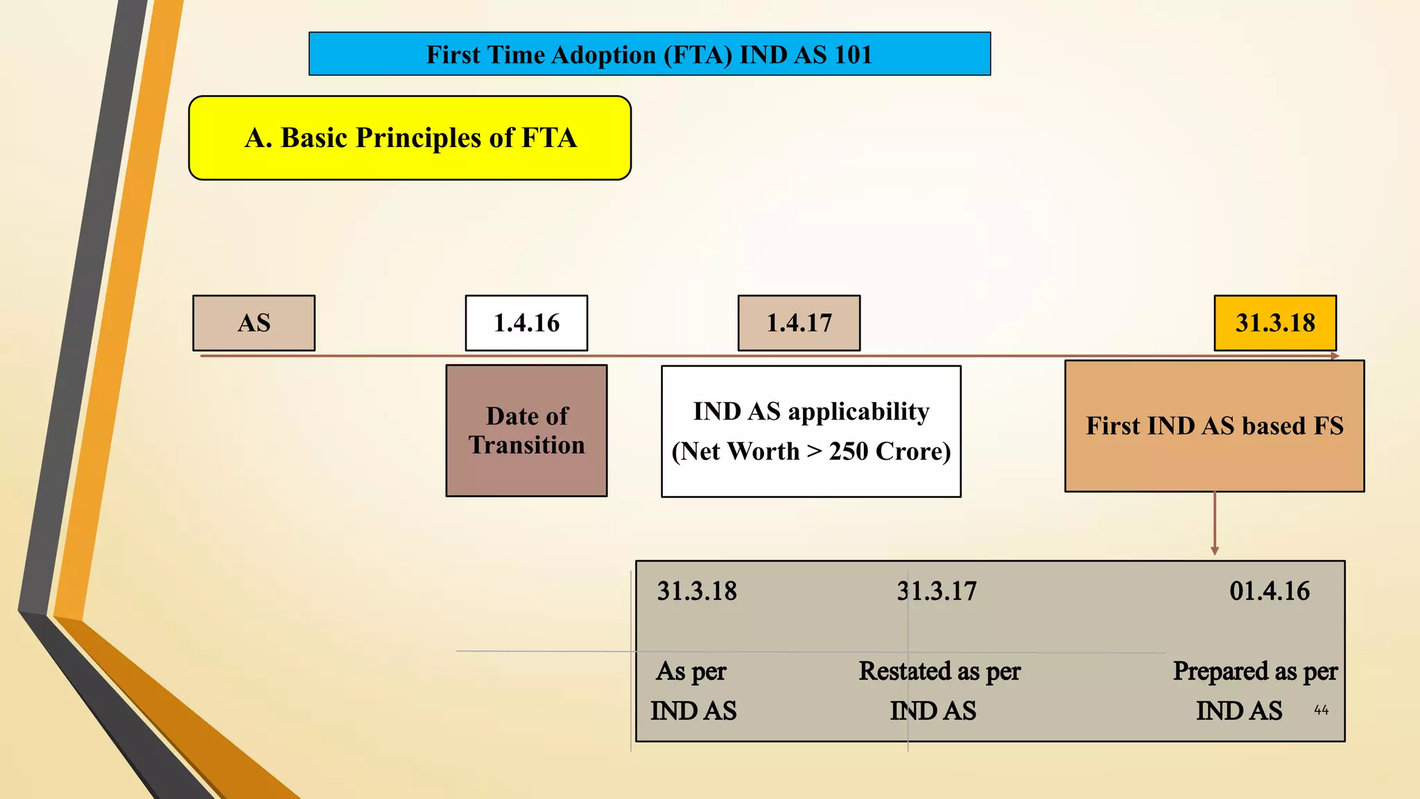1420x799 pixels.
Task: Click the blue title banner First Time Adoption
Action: click(649, 54)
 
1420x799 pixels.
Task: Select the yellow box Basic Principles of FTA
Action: click(410, 138)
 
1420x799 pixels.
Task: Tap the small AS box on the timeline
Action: click(254, 323)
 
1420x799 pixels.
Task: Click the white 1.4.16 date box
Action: click(526, 323)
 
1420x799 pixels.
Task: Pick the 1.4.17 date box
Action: click(799, 323)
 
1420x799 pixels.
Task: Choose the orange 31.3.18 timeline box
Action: click(1275, 323)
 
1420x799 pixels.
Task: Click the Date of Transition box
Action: click(526, 431)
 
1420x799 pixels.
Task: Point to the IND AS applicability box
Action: click(811, 431)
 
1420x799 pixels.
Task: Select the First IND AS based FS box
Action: click(1215, 426)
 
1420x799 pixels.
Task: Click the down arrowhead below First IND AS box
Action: click(1215, 551)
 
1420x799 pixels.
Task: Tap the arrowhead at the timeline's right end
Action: click(1335, 356)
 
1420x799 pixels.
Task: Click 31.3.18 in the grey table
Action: click(697, 591)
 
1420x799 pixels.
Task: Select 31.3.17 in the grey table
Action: click(937, 591)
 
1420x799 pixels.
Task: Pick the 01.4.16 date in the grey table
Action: click(1270, 591)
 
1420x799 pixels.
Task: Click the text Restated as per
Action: click(940, 671)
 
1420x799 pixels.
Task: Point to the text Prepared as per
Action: click(1255, 671)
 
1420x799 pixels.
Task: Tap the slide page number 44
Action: click(1321, 710)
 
